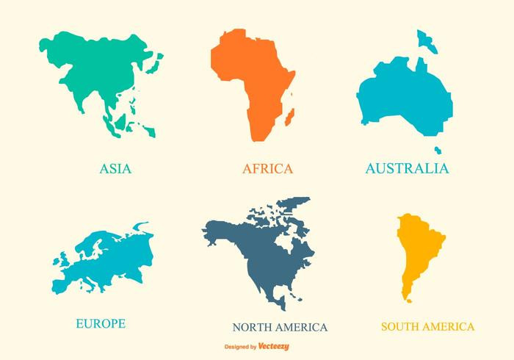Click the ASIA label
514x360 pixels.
point(115,168)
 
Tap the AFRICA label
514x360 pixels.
point(267,168)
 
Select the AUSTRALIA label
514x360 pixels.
point(407,168)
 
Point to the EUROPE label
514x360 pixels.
point(101,323)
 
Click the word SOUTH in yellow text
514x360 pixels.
point(402,326)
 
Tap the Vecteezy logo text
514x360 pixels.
point(275,345)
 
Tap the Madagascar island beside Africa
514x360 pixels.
point(290,116)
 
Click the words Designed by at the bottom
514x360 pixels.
point(240,345)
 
